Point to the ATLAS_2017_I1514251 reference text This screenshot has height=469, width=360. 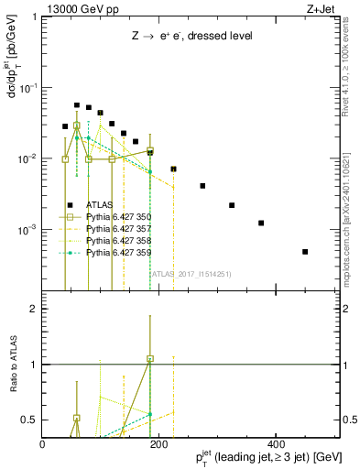(191, 273)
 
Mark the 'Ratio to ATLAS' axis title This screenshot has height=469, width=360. (13, 365)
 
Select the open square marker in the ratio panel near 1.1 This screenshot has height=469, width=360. (150, 359)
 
